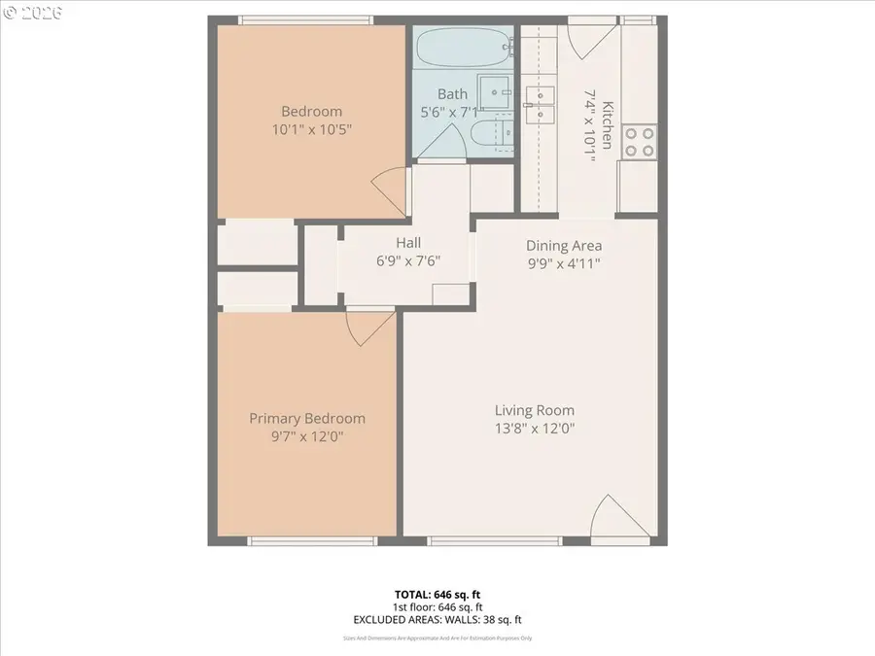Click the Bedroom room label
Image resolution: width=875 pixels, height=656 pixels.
pyautogui.click(x=311, y=112)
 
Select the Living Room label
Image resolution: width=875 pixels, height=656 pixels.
pyautogui.click(x=534, y=410)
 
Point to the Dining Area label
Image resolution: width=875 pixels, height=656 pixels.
pyautogui.click(x=564, y=246)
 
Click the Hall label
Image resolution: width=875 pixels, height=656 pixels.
pyautogui.click(x=407, y=243)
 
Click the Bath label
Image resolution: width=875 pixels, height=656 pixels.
pyautogui.click(x=452, y=94)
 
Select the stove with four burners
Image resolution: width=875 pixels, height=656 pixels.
pyautogui.click(x=639, y=142)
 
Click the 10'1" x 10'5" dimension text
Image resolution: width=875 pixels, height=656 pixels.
pyautogui.click(x=311, y=129)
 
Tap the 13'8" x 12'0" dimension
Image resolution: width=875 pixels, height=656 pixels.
pyautogui.click(x=534, y=428)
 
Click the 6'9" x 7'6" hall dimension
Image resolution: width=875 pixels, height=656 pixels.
pyautogui.click(x=407, y=260)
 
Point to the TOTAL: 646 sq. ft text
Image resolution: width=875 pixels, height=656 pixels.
pyautogui.click(x=437, y=593)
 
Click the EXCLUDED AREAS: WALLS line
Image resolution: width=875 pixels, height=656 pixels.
pyautogui.click(x=437, y=619)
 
